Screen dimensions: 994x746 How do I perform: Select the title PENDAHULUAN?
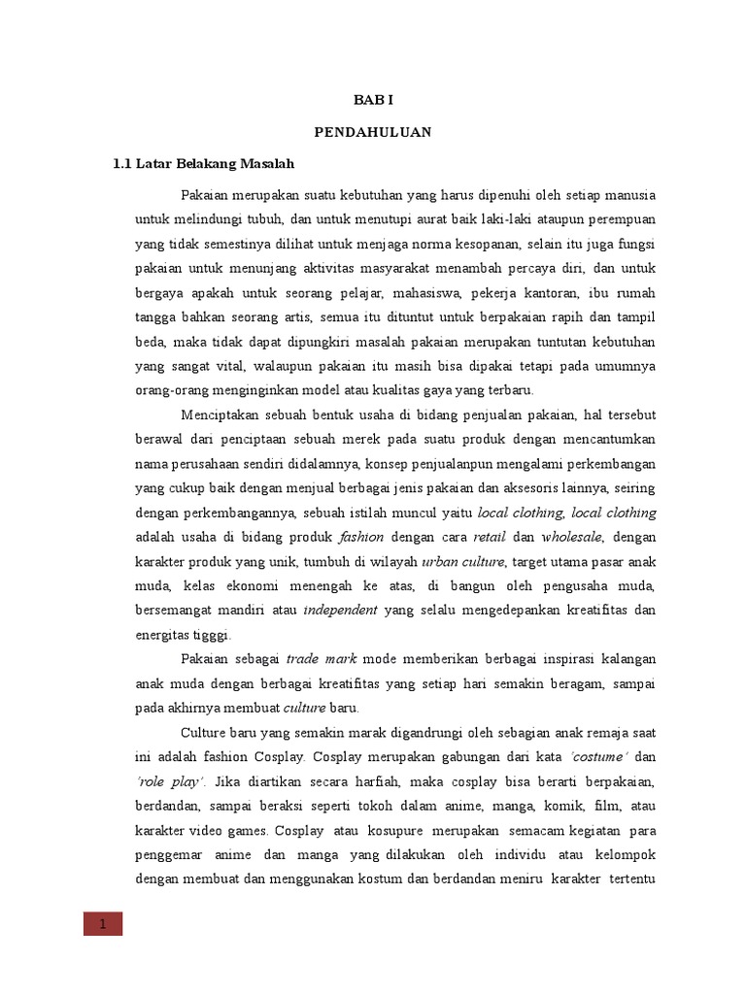tap(372, 131)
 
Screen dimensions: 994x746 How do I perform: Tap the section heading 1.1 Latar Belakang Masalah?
tap(203, 162)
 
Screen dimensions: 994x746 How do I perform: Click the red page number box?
tap(102, 924)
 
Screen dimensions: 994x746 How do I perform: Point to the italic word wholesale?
tap(573, 537)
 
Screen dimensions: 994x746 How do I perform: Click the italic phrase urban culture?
tap(463, 561)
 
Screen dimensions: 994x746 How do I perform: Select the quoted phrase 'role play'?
tap(168, 780)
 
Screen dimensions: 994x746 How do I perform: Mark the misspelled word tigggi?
tap(213, 635)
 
